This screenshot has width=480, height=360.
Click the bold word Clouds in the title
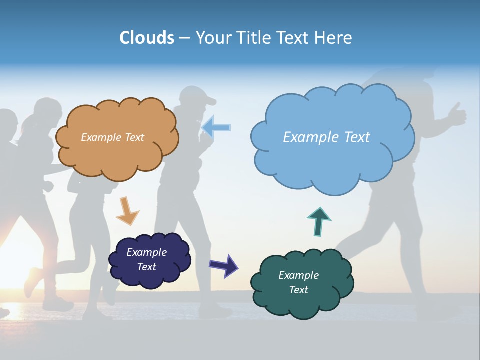point(147,38)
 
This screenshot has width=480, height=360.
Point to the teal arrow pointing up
point(318,221)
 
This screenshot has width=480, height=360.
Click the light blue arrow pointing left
point(216,127)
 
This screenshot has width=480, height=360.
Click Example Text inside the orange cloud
point(112,137)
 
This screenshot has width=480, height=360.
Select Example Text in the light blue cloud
point(326,137)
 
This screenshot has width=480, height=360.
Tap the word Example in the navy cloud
point(146,252)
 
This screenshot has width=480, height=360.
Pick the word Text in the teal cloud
point(298,290)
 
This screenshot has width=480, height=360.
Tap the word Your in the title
point(213,38)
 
